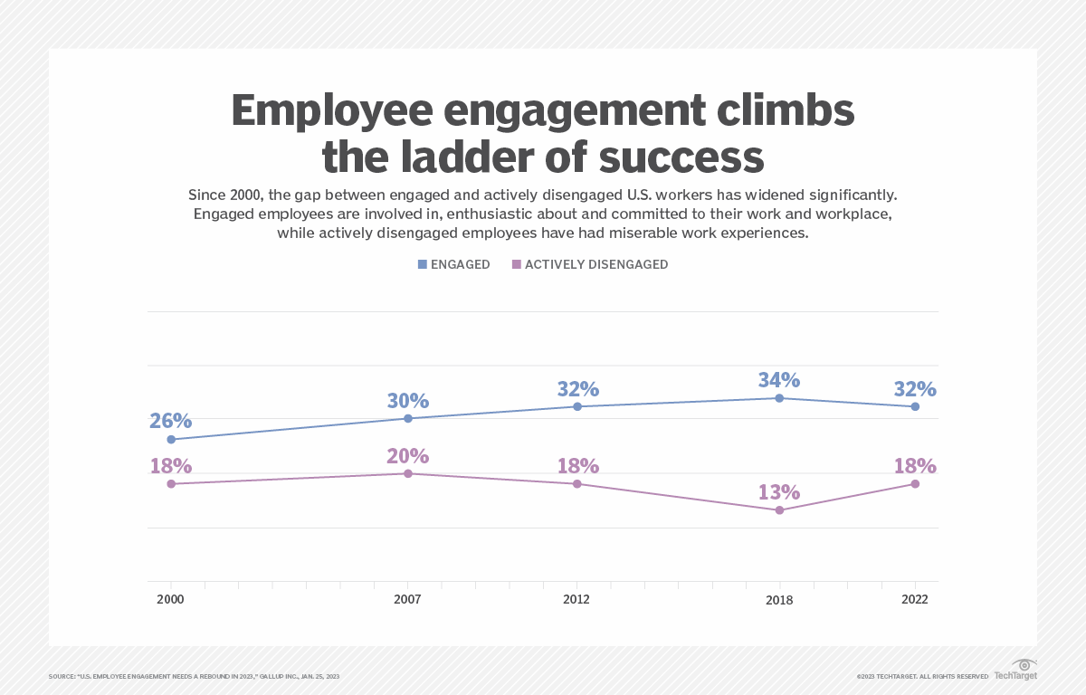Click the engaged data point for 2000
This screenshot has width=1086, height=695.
170,440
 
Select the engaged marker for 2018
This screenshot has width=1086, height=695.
779,398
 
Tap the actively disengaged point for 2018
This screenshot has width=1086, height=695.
779,510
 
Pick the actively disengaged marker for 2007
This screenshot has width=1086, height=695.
408,473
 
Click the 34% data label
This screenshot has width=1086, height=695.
779,379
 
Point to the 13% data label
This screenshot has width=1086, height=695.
779,492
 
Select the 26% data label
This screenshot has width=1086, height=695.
171,421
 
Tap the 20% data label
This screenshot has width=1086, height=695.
407,456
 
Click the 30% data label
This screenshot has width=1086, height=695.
407,401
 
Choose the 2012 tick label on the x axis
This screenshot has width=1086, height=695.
576,600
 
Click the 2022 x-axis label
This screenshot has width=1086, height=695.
914,600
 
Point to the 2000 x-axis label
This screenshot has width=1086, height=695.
170,600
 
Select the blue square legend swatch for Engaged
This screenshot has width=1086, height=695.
422,264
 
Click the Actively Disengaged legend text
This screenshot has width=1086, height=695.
596,264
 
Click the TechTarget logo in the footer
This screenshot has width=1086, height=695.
1015,671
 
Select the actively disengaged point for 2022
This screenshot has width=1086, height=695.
915,484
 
